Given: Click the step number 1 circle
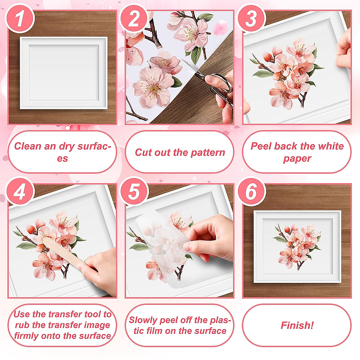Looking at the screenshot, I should coord(19,18).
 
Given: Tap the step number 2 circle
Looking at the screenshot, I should coord(134,18).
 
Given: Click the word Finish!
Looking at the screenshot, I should coord(297,325).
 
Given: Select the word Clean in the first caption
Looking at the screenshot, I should coord(28,146).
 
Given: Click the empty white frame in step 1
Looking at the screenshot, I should coord(64,73).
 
